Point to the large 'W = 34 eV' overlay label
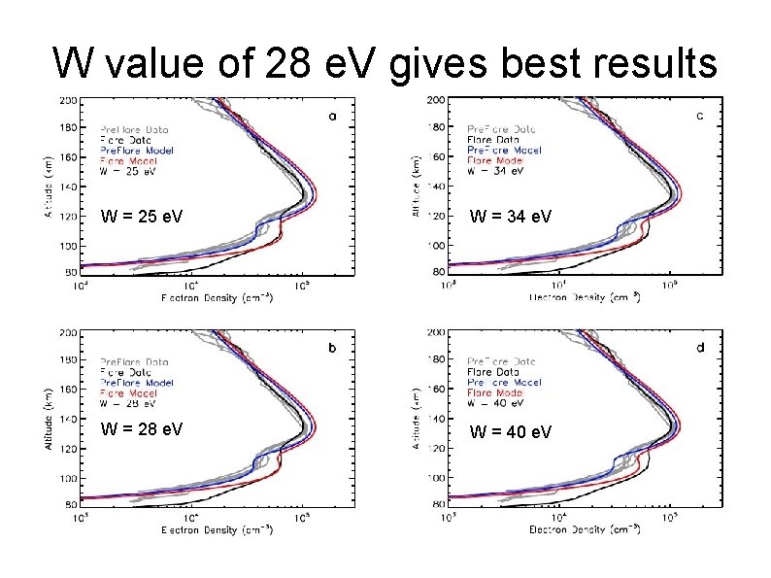[511, 216]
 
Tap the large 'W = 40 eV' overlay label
[511, 431]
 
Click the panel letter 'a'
[333, 116]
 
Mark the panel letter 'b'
[333, 347]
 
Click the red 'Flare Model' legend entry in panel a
[129, 160]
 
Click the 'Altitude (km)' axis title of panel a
[49, 185]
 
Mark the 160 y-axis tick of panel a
[69, 155]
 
